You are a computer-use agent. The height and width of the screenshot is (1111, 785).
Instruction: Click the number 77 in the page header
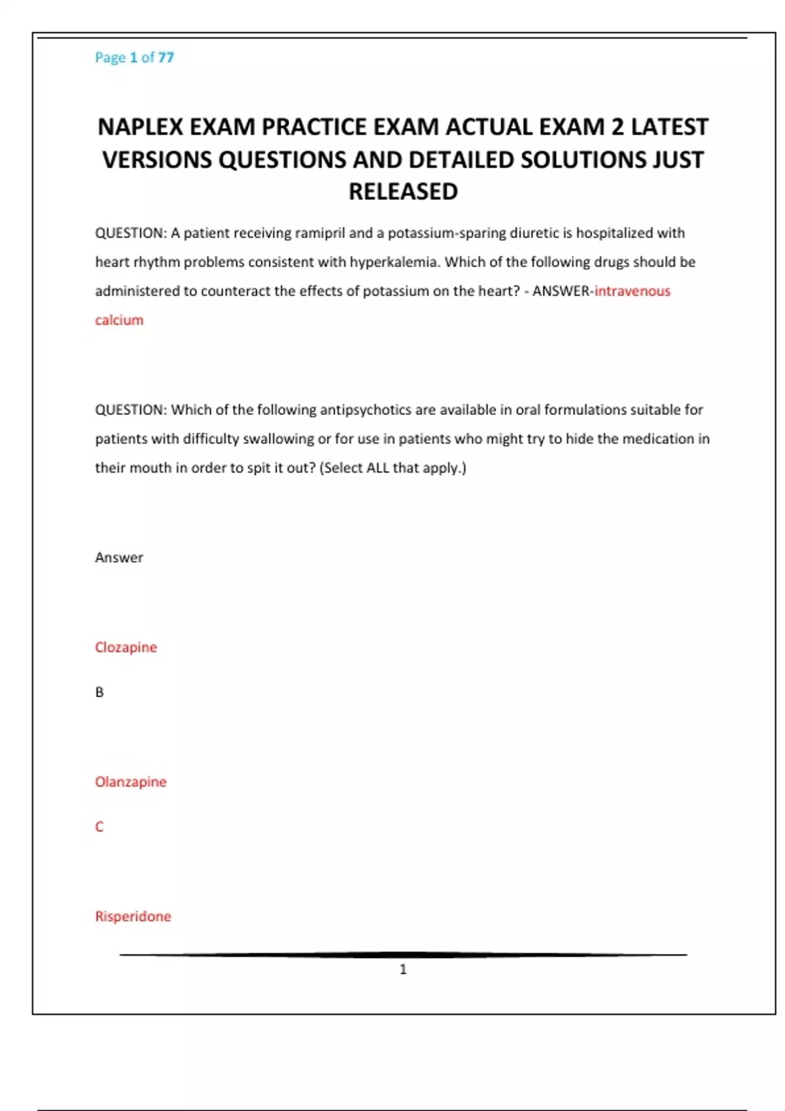coord(166,58)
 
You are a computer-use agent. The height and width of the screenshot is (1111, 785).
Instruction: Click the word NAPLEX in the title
coord(140,127)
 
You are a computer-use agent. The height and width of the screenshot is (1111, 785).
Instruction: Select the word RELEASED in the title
coord(403,191)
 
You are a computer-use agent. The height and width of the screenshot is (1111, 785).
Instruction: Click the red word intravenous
coord(632,291)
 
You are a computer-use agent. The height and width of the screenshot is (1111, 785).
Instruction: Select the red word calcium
coord(119,320)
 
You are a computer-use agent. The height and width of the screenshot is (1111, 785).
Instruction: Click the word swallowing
coord(278,439)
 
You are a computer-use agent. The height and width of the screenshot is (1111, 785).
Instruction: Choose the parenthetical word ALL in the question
coord(377,468)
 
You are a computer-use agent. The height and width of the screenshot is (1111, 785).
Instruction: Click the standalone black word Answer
coord(119,557)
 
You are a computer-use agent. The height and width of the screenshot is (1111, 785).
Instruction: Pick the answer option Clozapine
coord(126,647)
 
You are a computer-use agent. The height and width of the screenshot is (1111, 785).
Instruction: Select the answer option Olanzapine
coord(131,782)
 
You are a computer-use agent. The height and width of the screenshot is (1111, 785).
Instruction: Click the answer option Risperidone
coord(133,916)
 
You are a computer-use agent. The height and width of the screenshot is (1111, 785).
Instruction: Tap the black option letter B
coord(99,692)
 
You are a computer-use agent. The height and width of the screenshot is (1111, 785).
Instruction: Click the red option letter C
coord(99,827)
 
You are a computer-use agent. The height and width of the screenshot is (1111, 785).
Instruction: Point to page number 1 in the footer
coord(403,969)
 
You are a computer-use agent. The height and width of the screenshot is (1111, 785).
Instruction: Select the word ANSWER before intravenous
coord(561,291)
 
